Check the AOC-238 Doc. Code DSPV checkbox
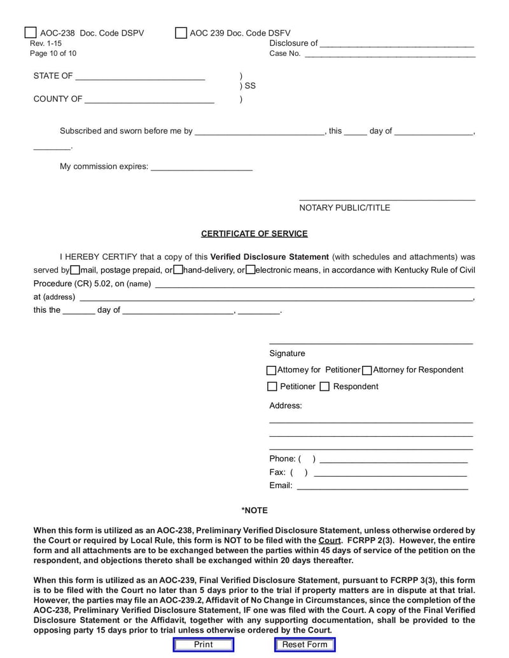click(x=31, y=32)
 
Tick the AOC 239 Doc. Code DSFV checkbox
click(x=181, y=32)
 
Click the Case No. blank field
click(x=389, y=53)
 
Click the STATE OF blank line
click(x=140, y=76)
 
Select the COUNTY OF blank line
click(x=149, y=99)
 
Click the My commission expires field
click(x=201, y=167)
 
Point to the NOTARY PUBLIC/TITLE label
click(x=344, y=208)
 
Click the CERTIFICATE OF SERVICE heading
click(x=254, y=234)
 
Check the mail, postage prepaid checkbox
click(x=75, y=270)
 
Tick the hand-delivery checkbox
click(x=178, y=270)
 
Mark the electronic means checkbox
click(x=251, y=270)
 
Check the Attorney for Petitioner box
click(x=272, y=370)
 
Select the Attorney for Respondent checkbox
click(x=367, y=370)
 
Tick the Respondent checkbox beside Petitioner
click(x=324, y=387)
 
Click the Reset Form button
click(x=305, y=645)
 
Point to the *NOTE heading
click(x=254, y=511)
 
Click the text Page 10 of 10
click(x=53, y=53)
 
